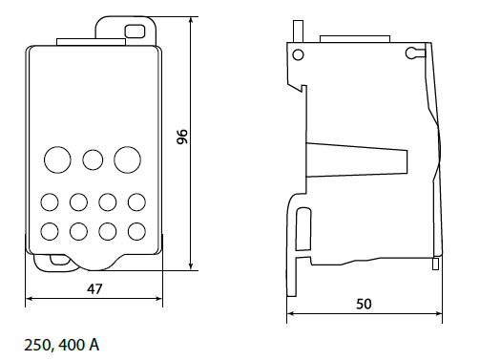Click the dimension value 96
click(x=182, y=137)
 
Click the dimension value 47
click(x=94, y=289)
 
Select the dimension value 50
click(x=364, y=304)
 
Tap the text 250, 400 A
click(x=62, y=345)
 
